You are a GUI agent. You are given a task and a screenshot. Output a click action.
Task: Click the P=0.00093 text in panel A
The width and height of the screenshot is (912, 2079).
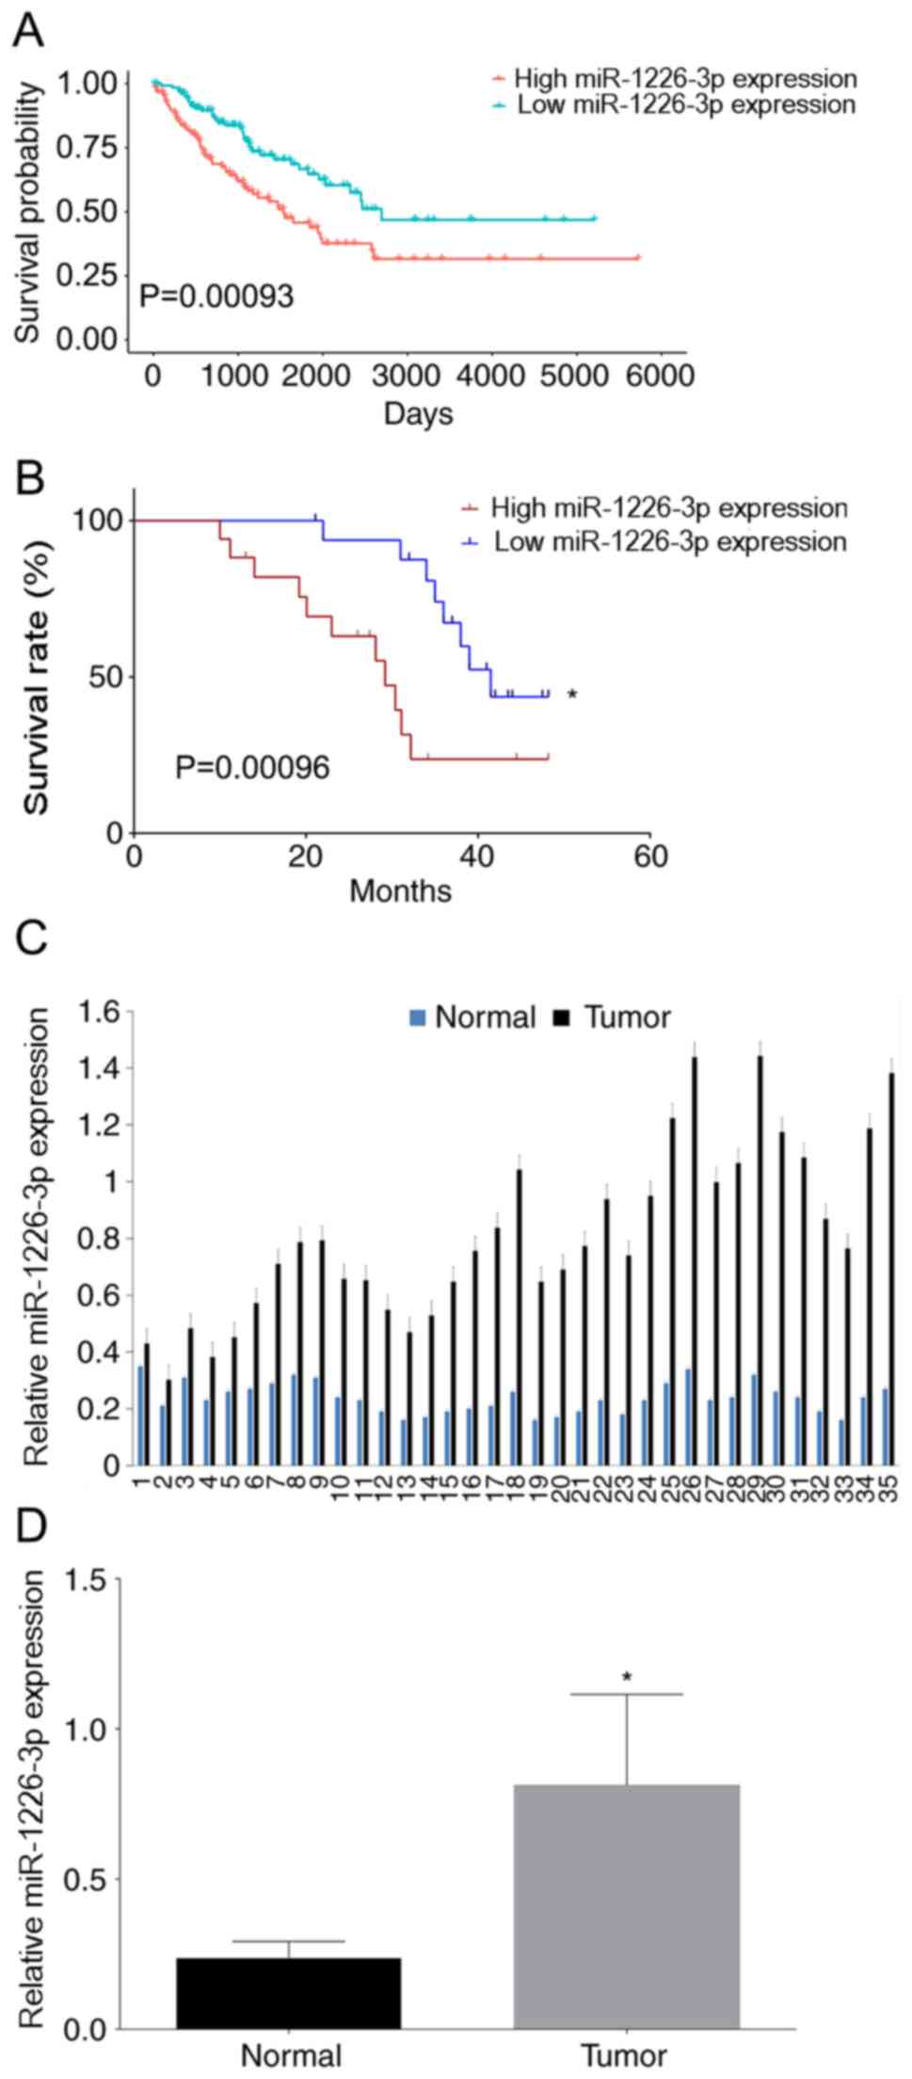(216, 297)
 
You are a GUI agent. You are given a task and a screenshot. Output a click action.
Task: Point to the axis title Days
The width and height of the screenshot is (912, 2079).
(419, 413)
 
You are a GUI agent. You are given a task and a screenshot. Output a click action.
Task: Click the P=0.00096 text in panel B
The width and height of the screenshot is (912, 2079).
(252, 768)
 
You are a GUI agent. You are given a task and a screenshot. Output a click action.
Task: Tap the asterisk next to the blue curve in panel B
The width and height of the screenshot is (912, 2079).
(571, 696)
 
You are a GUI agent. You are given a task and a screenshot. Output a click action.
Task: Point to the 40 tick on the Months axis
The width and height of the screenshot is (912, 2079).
(477, 856)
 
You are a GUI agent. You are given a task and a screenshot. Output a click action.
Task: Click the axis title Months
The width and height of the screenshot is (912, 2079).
(400, 890)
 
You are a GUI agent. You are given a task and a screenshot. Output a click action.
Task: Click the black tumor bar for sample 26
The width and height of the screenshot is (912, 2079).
(695, 1260)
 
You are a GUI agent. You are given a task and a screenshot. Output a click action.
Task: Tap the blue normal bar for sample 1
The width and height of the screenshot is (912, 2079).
(140, 1415)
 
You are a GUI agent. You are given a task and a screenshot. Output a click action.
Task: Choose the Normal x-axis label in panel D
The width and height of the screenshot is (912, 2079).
(291, 2056)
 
